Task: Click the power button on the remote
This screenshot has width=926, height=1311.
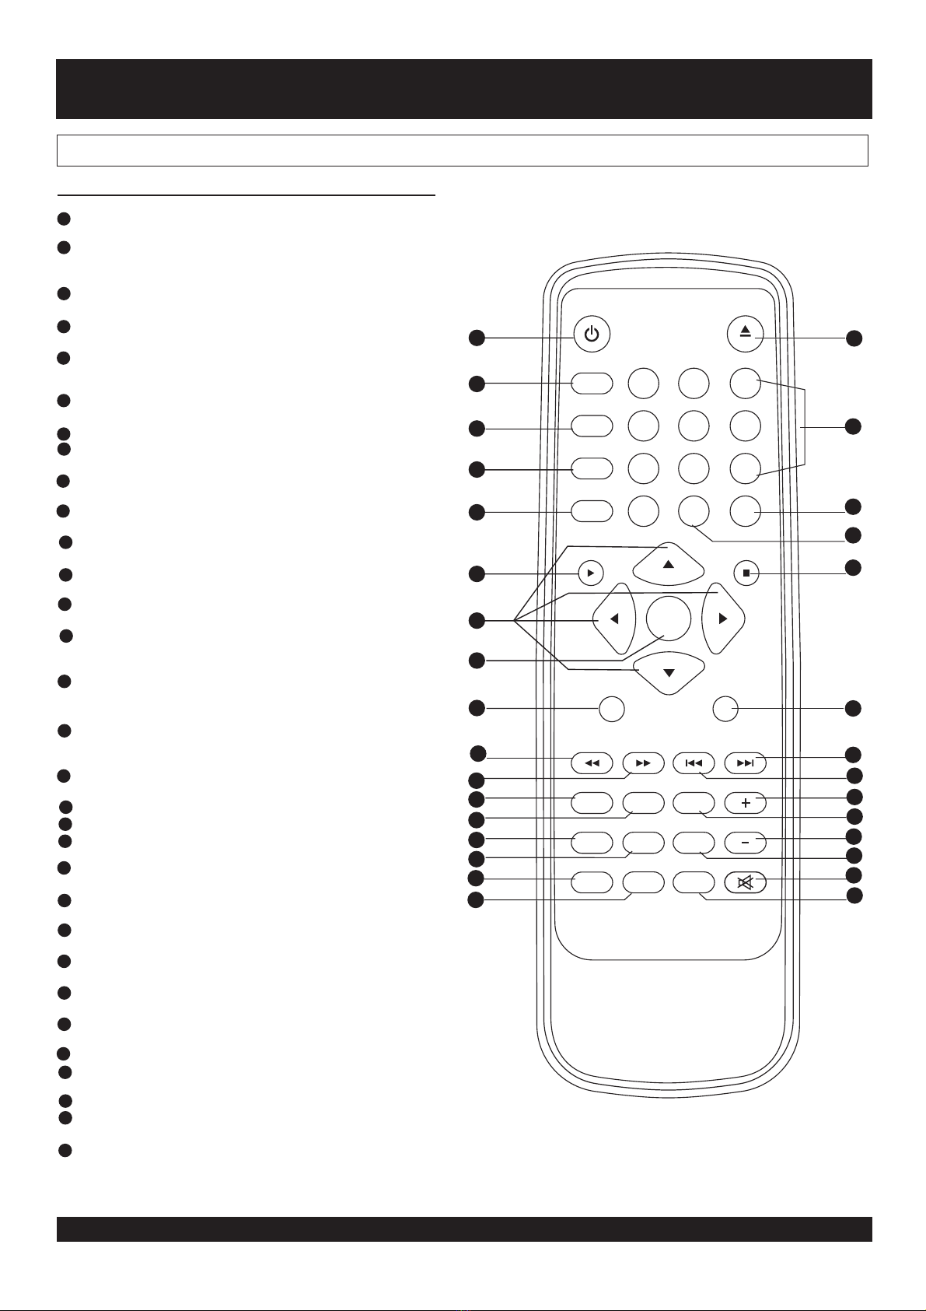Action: click(592, 335)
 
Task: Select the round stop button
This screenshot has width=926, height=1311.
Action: click(746, 573)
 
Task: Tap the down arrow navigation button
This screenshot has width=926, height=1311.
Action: click(669, 671)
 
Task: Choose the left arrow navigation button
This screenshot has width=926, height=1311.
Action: click(613, 619)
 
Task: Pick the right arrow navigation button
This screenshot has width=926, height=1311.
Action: click(723, 619)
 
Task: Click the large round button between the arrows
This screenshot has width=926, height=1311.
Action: click(669, 619)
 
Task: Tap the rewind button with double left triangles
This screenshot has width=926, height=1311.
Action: click(592, 763)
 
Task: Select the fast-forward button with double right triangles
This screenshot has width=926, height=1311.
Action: click(643, 763)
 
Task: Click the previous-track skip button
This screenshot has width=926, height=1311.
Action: click(694, 763)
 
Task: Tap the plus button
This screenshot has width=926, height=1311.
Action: click(745, 802)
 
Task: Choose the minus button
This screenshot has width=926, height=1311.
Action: click(745, 842)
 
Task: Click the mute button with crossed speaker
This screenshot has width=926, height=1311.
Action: click(745, 882)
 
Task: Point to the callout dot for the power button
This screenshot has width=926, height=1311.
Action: click(477, 338)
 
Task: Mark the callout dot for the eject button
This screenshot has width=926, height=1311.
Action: click(854, 338)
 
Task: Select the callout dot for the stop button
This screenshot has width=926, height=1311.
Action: click(854, 568)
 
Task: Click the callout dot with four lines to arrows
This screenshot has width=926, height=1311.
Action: click(477, 620)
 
